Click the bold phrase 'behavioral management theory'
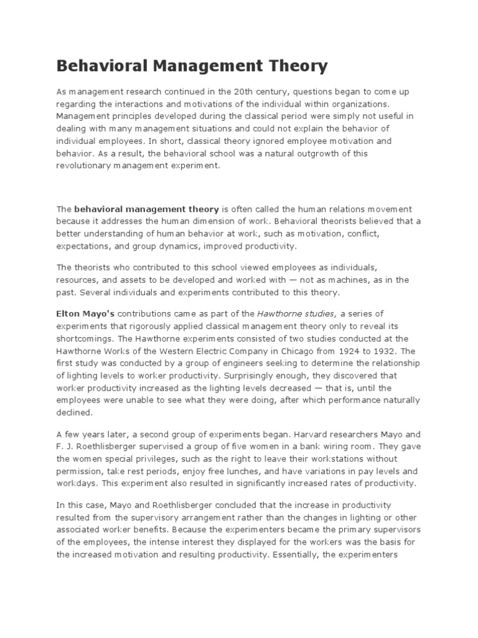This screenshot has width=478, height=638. point(147,209)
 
